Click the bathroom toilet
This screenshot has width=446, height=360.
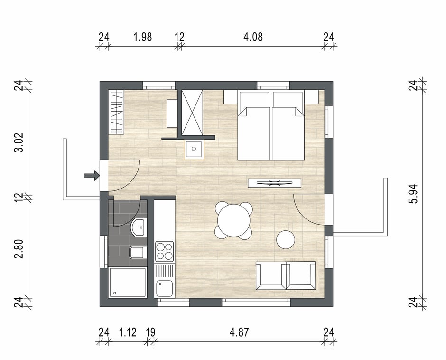pos(138,252)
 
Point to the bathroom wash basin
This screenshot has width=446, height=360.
pos(139,227)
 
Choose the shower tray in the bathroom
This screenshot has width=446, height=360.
pos(128,282)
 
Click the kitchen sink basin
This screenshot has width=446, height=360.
pos(164,288)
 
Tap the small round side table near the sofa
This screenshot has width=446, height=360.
pos(286,239)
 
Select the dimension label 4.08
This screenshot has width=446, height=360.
pos(253,37)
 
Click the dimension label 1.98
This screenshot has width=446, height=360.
pos(142,37)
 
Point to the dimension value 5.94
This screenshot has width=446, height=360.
pos(413,194)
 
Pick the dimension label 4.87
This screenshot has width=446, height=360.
pos(239,332)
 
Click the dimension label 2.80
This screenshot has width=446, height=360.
pos(19,249)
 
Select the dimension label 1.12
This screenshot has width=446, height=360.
pos(128,332)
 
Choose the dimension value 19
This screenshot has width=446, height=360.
pos(150,332)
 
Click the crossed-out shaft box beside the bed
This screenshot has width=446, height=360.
pos(192,113)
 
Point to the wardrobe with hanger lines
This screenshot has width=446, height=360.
pos(116,112)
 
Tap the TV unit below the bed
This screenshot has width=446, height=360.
pos(275,183)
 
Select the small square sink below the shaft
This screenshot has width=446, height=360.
pos(194,149)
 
